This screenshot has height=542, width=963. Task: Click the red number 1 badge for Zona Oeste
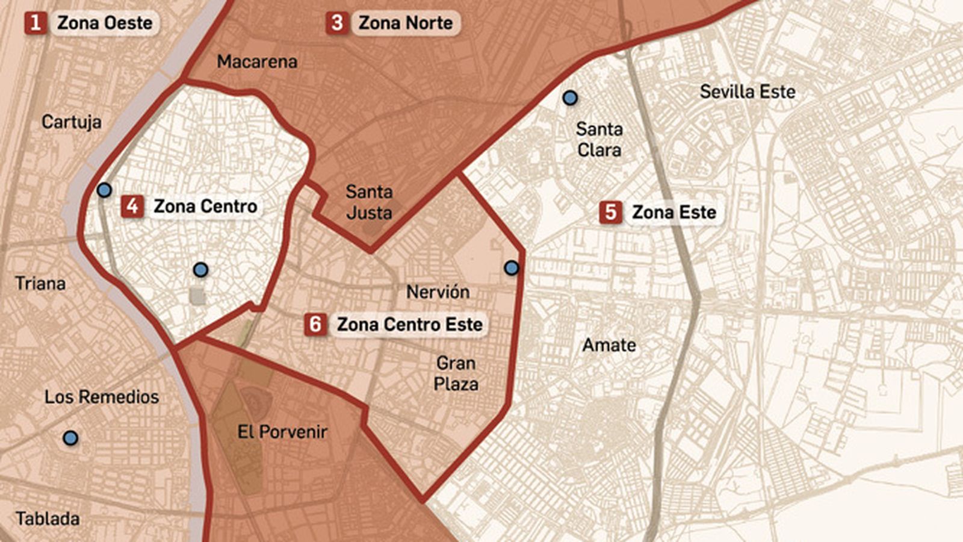[36, 23]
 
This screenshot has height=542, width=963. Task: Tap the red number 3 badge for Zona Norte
[337, 23]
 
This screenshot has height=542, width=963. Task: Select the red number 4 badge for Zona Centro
[132, 206]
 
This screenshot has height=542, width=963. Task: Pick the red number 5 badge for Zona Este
[610, 212]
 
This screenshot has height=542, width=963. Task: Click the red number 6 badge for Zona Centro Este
[315, 324]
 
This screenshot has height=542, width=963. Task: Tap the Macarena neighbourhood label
[257, 61]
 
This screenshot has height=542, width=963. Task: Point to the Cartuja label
[71, 122]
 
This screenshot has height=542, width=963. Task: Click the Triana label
[40, 283]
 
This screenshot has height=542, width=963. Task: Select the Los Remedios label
[102, 396]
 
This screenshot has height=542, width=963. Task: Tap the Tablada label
[48, 519]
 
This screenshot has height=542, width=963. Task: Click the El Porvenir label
[282, 431]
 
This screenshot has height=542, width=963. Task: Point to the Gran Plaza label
[456, 373]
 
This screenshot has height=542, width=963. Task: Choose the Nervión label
[438, 292]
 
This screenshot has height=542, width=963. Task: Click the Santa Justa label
[369, 202]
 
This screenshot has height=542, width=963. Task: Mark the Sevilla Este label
[747, 92]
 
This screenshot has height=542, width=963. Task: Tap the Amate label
[609, 345]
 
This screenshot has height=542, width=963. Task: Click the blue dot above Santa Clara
[569, 97]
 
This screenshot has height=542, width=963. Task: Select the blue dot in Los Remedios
[70, 438]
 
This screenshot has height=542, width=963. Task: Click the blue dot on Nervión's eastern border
[511, 268]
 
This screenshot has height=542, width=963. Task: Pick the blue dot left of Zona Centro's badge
[104, 190]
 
